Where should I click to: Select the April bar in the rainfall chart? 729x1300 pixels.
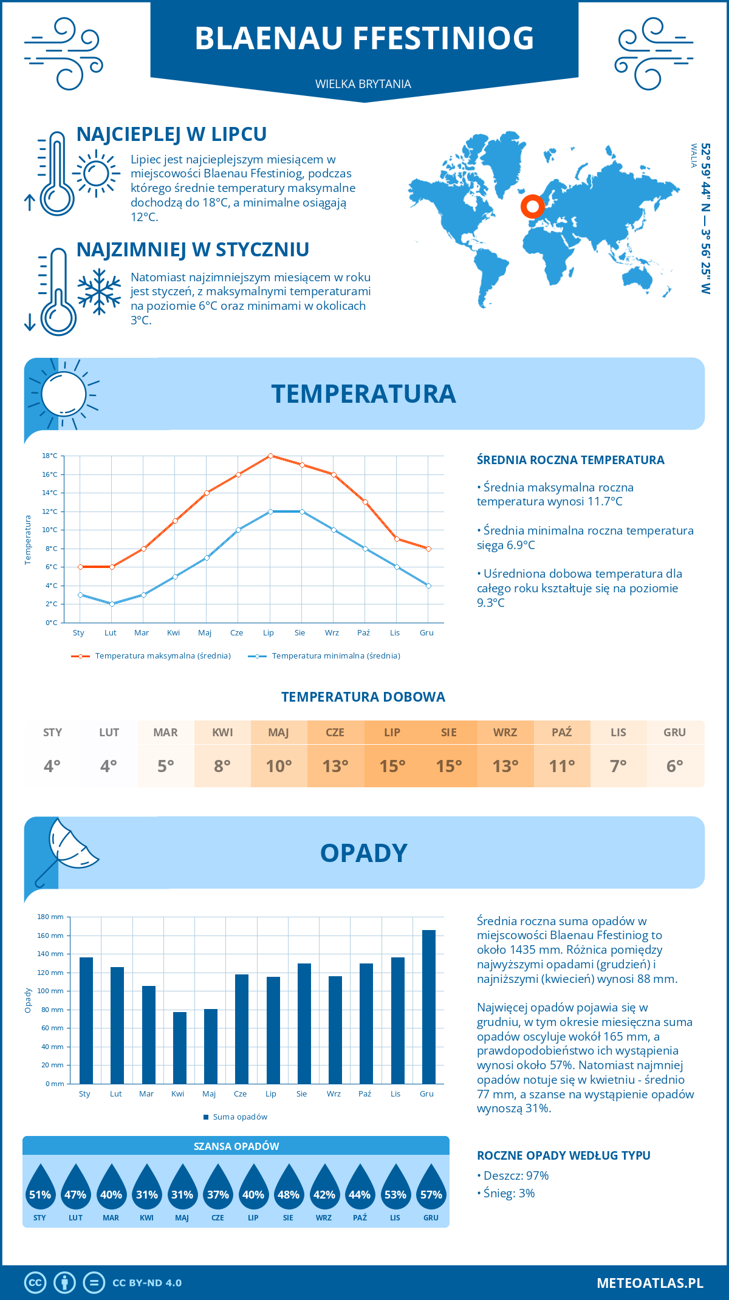click(x=180, y=1048)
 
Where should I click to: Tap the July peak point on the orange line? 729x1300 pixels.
click(x=270, y=456)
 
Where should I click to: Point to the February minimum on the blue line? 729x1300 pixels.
click(x=112, y=604)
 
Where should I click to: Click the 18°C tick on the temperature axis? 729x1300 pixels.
click(x=50, y=456)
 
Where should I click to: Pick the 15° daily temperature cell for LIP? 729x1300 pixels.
click(x=392, y=766)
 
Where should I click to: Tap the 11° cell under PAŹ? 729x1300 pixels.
click(x=562, y=766)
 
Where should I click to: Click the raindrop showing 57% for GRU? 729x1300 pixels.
click(x=431, y=1187)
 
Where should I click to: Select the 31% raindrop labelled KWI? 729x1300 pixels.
click(x=147, y=1187)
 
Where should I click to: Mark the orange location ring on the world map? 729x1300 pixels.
click(x=532, y=207)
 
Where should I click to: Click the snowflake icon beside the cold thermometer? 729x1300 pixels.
click(x=99, y=292)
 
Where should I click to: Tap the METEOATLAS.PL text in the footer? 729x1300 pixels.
click(x=649, y=1283)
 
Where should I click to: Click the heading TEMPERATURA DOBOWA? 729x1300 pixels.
click(x=363, y=697)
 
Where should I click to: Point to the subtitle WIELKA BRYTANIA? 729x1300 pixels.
click(x=363, y=84)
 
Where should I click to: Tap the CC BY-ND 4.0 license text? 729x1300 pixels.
click(x=147, y=1283)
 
